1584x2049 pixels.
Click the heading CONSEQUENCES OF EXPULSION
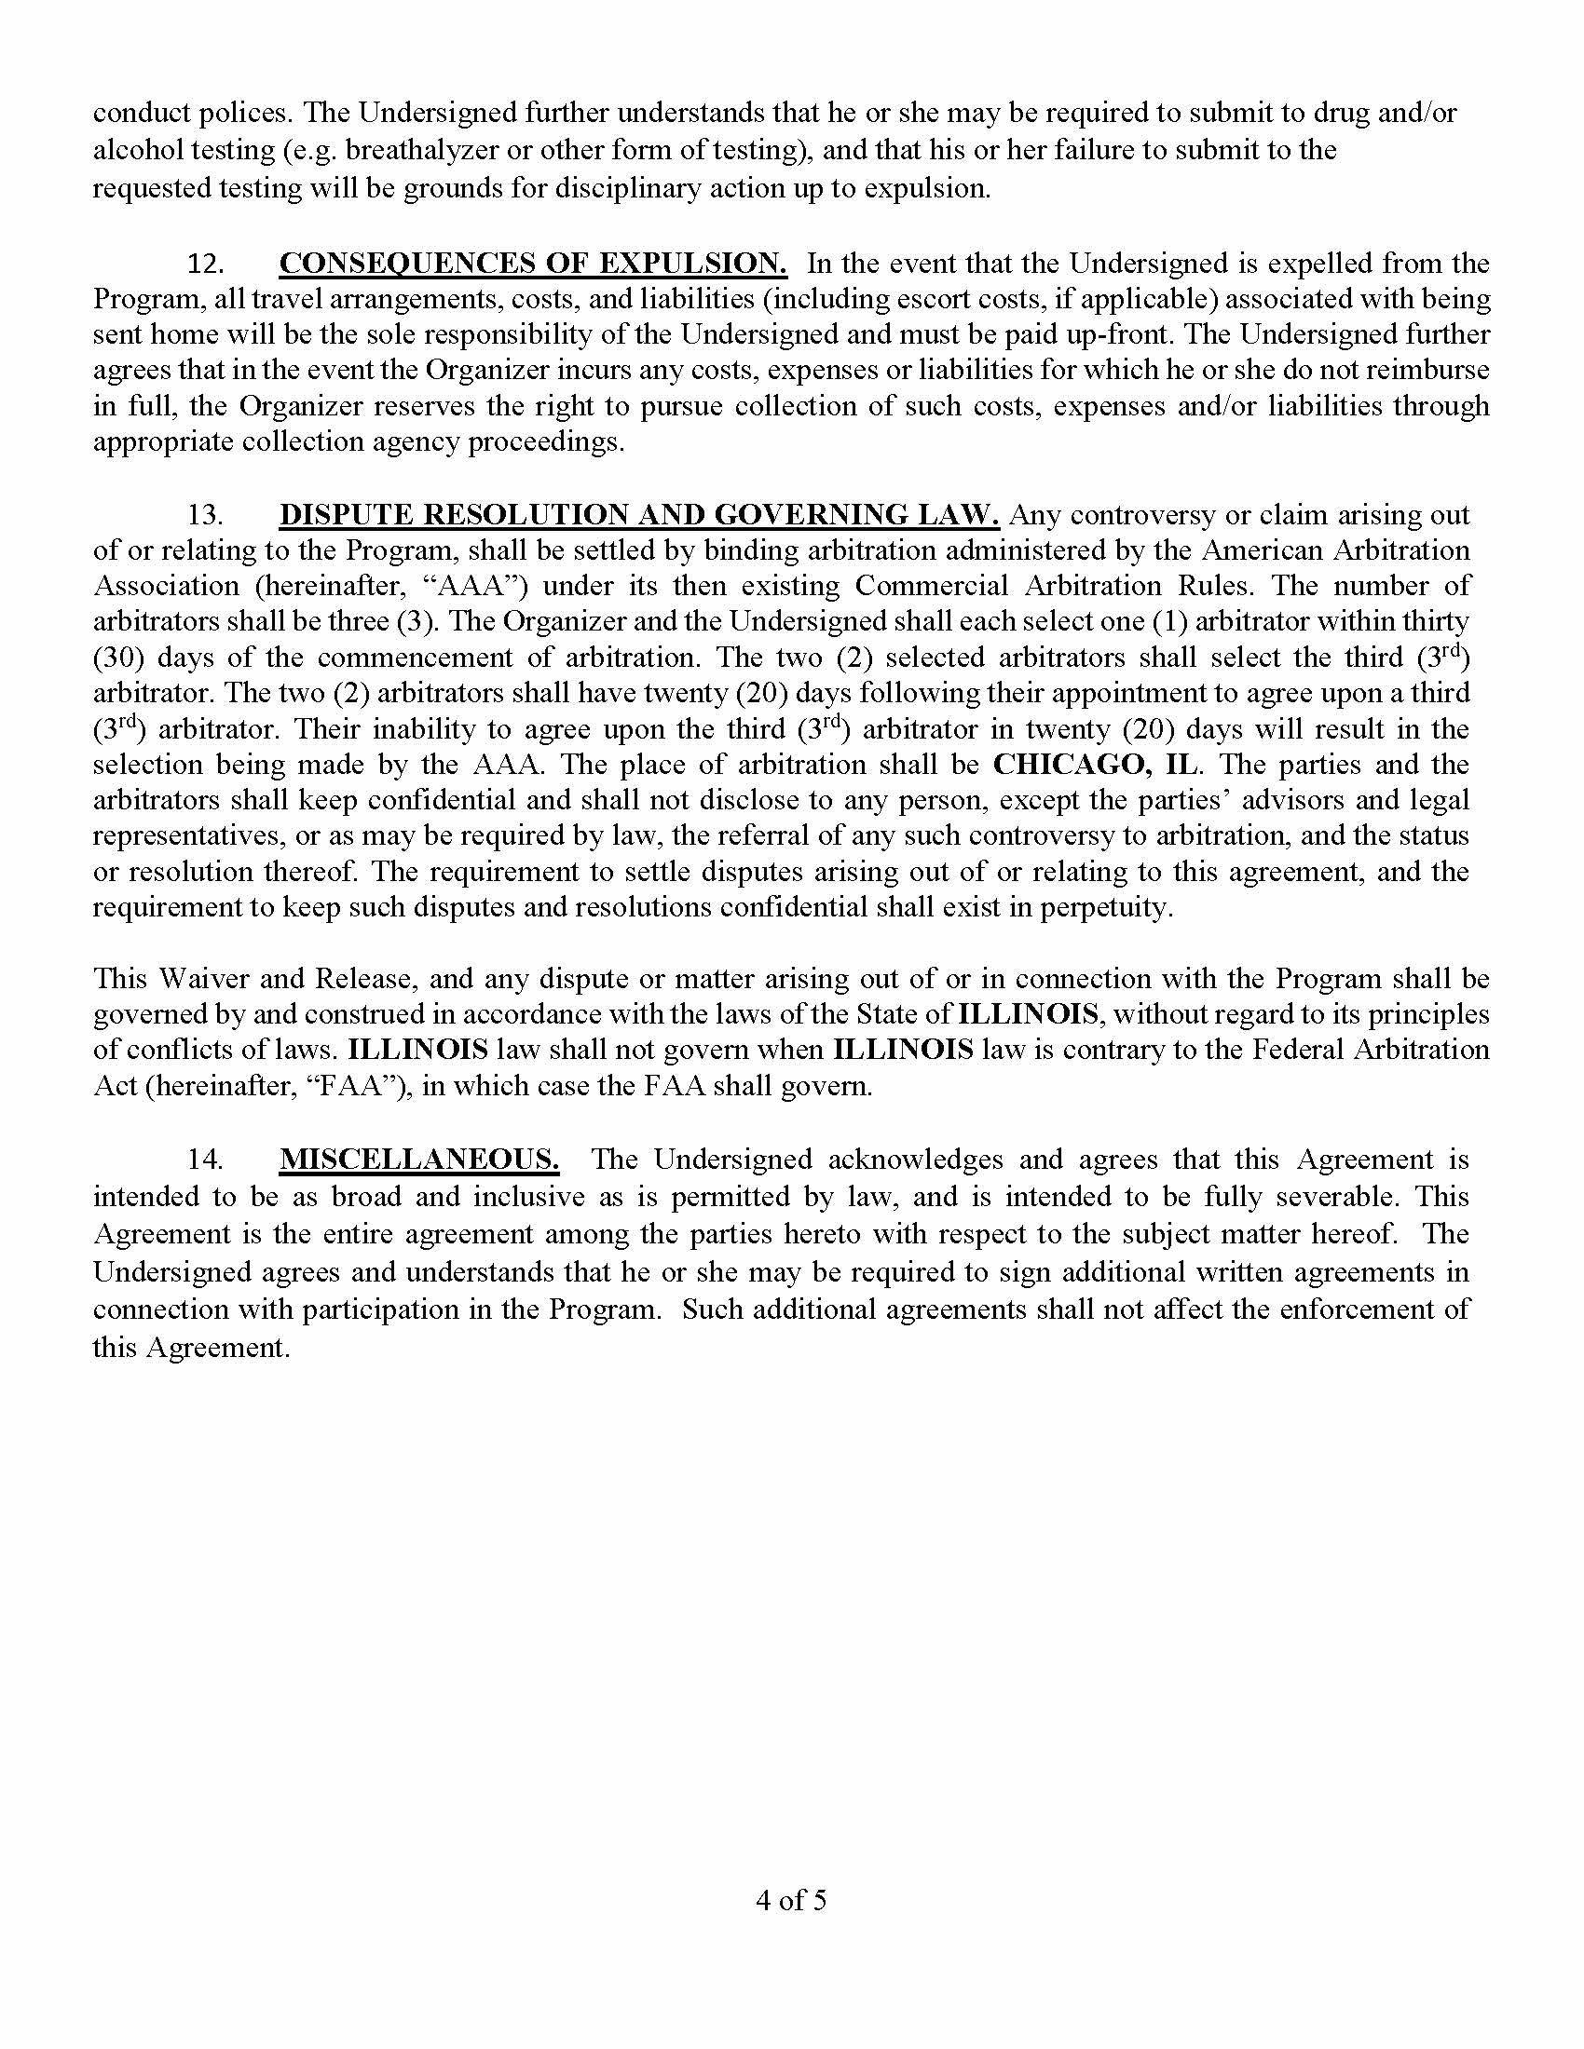point(533,264)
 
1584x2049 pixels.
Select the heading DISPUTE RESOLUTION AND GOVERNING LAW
point(639,514)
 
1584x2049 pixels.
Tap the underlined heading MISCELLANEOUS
point(419,1159)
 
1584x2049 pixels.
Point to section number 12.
point(205,264)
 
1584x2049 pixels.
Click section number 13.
point(205,514)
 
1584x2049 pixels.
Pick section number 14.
point(205,1159)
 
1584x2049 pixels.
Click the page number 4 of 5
point(791,1900)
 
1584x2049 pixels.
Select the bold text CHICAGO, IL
point(1095,764)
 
